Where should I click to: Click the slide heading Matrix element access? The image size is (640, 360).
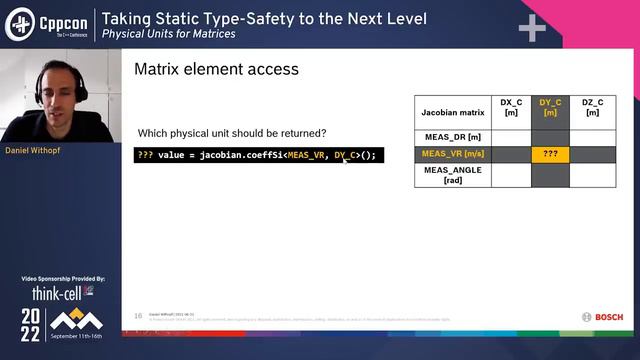click(216, 70)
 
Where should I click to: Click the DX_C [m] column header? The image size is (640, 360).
click(511, 107)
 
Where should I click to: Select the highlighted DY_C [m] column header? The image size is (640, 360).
click(550, 107)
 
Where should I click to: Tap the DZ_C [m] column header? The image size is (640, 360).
click(592, 107)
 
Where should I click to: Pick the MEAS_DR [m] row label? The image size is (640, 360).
click(453, 136)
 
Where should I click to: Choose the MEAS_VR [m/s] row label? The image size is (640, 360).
click(453, 154)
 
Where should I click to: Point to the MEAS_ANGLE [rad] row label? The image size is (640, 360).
click(453, 175)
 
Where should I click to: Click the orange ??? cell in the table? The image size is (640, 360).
click(550, 154)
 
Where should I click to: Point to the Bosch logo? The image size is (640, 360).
click(602, 317)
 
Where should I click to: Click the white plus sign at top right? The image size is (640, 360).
click(532, 28)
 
